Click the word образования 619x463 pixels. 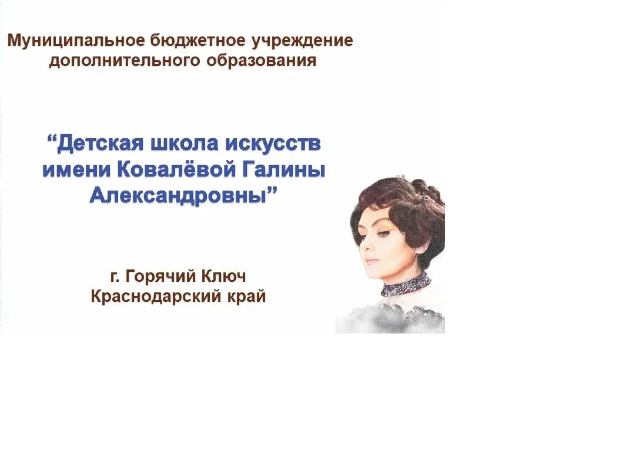(x=262, y=61)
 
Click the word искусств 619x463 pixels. (x=273, y=144)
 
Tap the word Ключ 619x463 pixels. (x=223, y=276)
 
